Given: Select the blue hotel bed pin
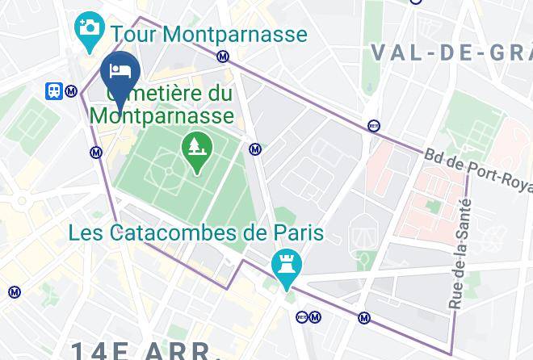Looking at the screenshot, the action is (121, 72).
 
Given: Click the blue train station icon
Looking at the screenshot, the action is (55, 91).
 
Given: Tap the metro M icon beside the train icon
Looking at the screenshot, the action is (72, 91).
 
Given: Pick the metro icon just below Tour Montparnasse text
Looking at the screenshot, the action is (223, 57).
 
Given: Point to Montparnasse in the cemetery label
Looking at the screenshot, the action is (162, 115).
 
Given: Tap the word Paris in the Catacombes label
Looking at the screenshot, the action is (296, 234).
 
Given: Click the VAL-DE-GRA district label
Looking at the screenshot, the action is (451, 53).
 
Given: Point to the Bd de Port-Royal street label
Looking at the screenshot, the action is (476, 170).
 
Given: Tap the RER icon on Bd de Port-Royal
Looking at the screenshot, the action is (373, 126).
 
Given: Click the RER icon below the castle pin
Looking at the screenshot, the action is (302, 316).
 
